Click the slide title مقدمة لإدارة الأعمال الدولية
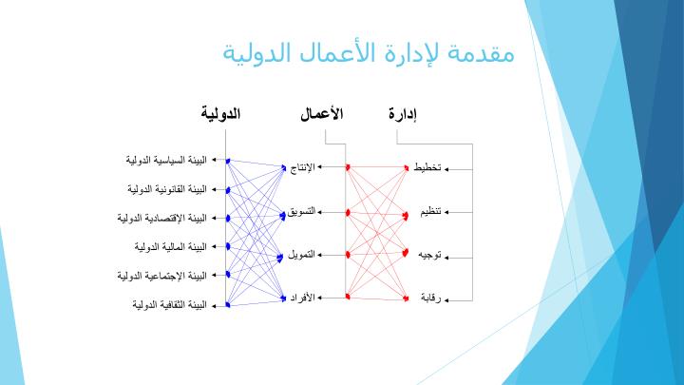369,53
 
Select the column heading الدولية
220,114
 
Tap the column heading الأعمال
322,114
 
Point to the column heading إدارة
403,114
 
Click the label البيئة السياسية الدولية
166,160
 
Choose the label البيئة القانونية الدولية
167,189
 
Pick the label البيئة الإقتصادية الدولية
161,218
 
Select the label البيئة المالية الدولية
171,246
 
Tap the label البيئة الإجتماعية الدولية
161,276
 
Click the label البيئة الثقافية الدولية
170,304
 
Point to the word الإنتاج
302,167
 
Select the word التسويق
301,212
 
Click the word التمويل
301,255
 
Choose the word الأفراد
303,298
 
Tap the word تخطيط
427,167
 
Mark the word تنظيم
431,212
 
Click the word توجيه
430,255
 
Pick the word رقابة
431,298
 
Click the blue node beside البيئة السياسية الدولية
228,161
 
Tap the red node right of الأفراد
348,297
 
